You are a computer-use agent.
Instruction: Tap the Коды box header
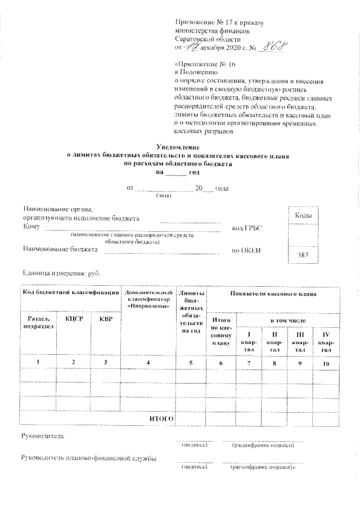pos(304,216)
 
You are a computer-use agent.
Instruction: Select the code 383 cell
pos(304,255)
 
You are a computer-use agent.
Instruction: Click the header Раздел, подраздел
pos(38,322)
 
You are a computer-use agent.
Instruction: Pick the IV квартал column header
pos(325,343)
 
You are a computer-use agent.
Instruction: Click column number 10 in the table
pos(325,363)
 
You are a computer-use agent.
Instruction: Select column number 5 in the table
pos(191,363)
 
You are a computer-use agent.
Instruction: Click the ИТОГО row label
pos(160,419)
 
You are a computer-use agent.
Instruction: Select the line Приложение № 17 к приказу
pos(219,23)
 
